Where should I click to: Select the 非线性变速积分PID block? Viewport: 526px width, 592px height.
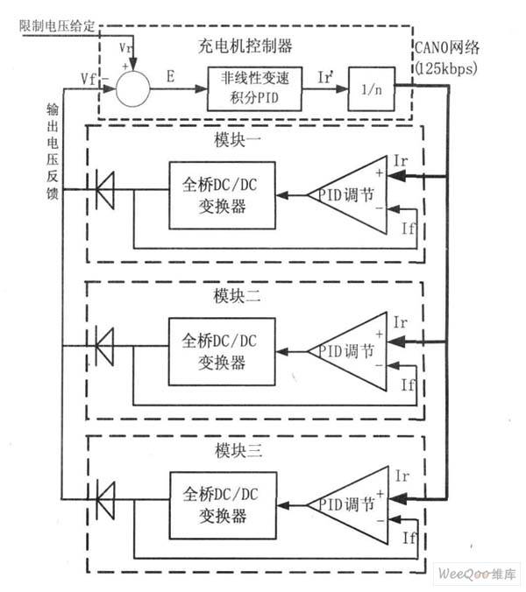255,89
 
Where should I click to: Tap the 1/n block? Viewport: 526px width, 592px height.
372,89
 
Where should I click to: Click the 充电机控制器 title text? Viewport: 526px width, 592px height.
245,46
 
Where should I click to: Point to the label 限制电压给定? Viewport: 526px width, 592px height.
57,25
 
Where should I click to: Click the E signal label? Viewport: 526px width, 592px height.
171,77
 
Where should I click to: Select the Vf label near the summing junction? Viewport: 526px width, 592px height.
89,80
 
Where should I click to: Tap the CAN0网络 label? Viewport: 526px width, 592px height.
447,48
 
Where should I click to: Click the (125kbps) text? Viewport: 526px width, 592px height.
446,68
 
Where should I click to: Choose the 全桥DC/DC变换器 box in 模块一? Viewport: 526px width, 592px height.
222,195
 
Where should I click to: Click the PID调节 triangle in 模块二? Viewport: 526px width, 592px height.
348,351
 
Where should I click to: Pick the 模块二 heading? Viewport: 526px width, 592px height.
237,296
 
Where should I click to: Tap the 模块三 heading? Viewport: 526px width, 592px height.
238,450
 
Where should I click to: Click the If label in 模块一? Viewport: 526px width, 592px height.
409,228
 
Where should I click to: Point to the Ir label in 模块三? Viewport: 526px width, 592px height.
402,476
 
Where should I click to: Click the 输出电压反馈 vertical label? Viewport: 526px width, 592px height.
53,151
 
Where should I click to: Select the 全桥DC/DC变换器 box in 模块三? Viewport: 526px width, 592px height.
224,505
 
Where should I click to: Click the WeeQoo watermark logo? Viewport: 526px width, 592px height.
477,574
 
